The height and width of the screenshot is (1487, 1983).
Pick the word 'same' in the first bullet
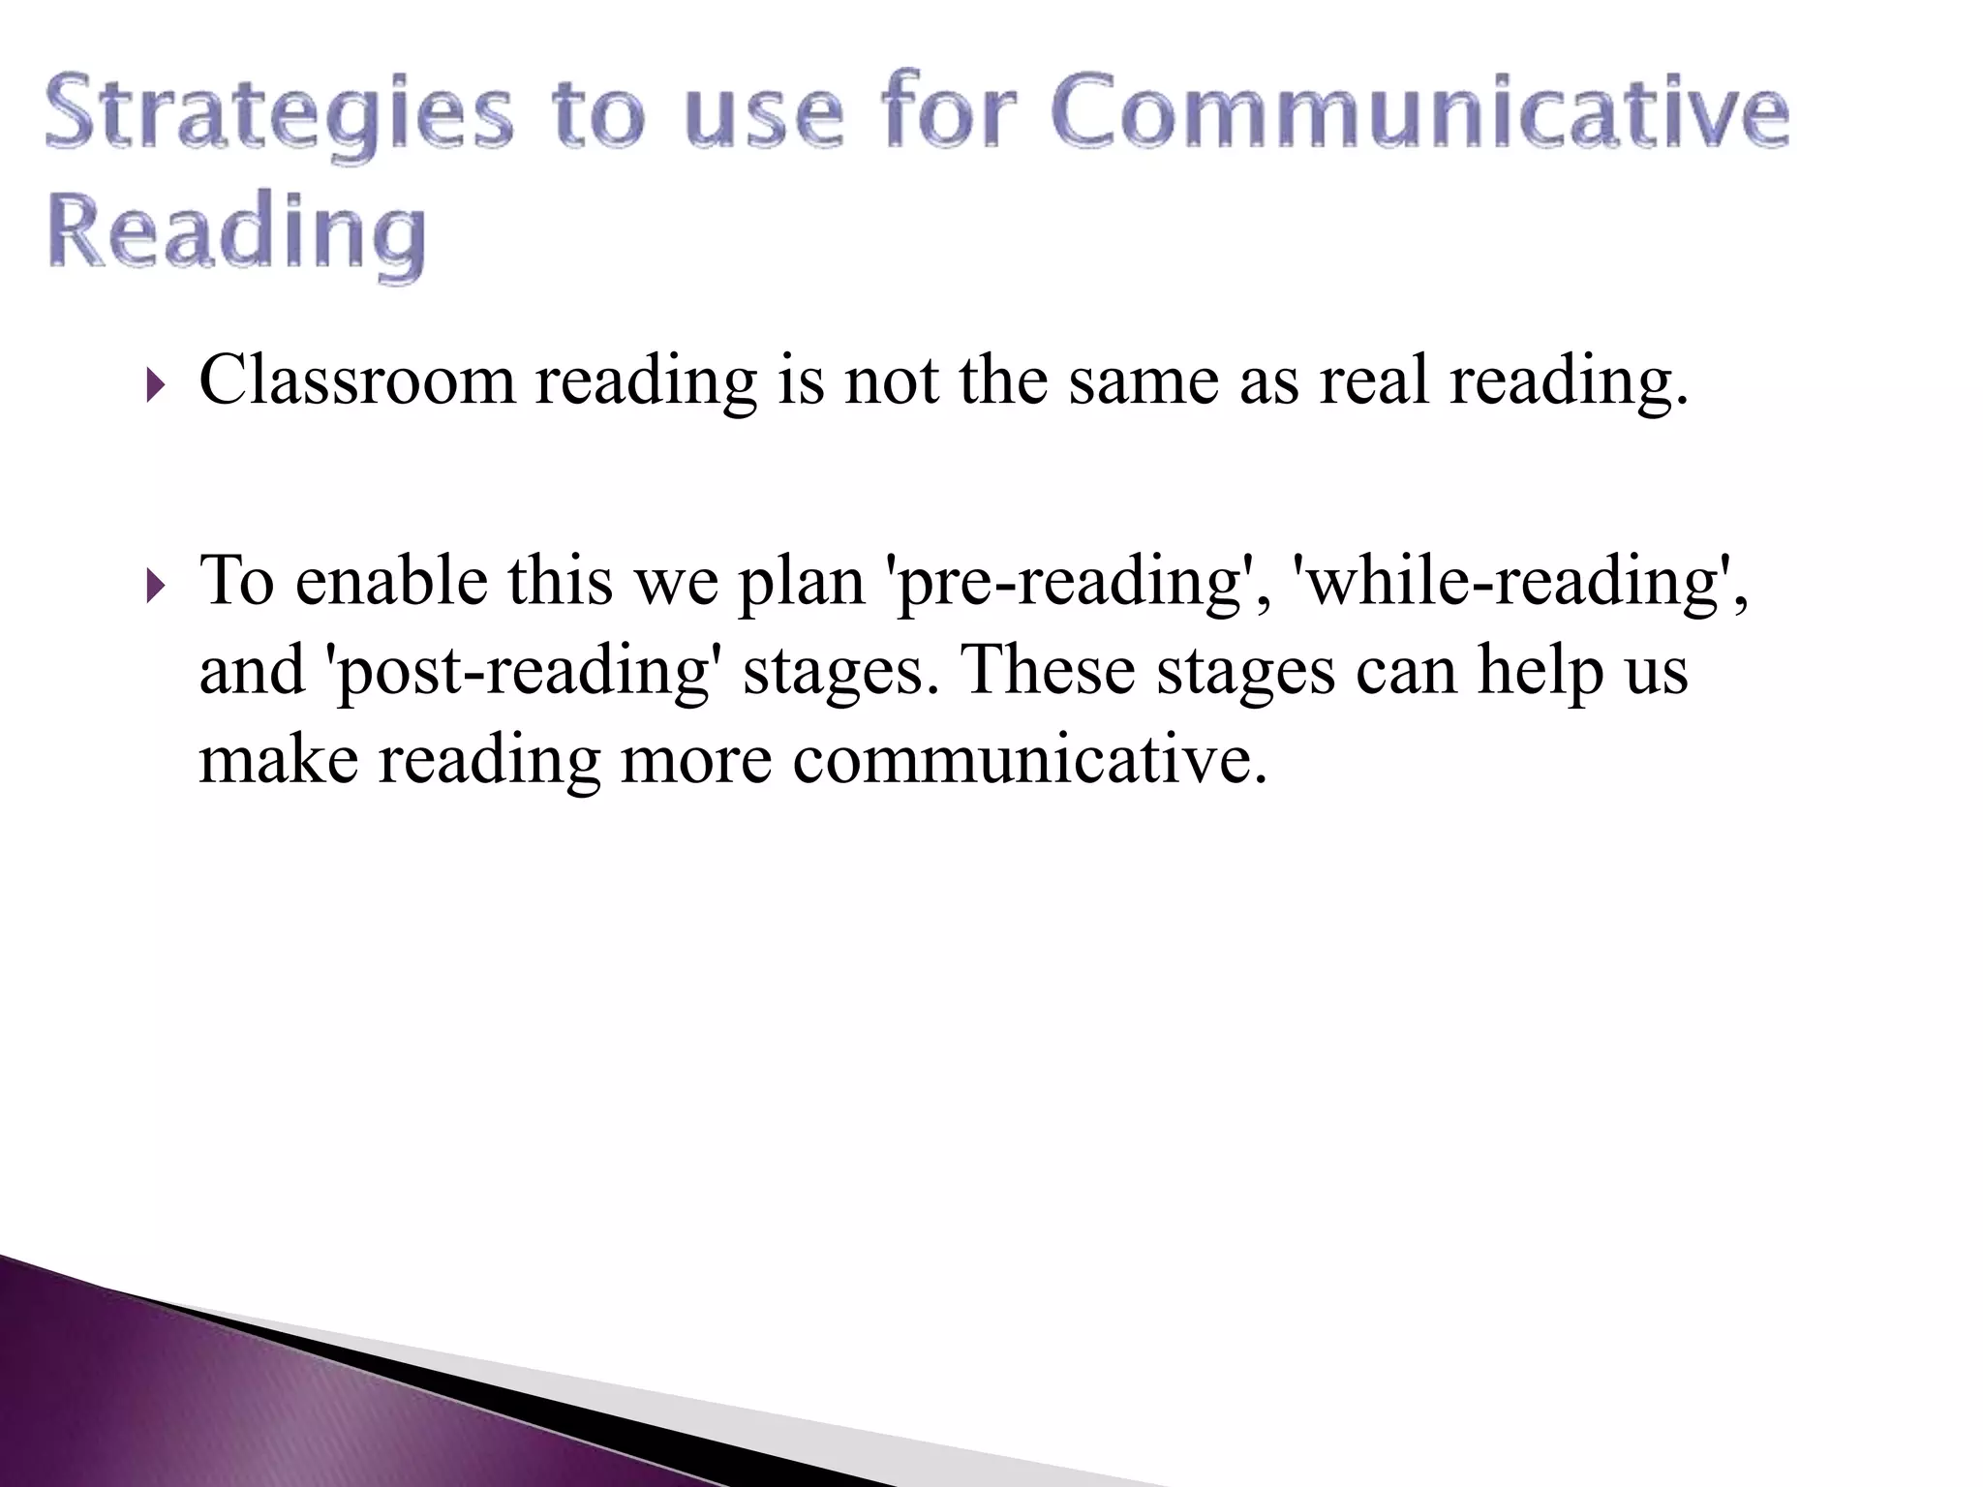tap(1144, 380)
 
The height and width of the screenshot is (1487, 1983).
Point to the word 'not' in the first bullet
tap(891, 380)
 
